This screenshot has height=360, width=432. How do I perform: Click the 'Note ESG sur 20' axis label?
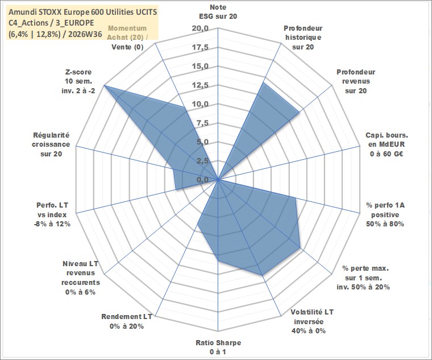[218, 11]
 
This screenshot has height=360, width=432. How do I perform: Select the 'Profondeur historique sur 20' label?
[303, 38]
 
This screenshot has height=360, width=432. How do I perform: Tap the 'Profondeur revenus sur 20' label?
[356, 81]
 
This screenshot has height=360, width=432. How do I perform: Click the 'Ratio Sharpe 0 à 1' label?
[218, 347]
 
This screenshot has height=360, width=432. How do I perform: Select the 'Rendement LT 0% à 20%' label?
[127, 321]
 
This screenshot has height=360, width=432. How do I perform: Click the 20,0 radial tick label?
[201, 28]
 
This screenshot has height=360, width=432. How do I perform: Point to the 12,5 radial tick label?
[201, 85]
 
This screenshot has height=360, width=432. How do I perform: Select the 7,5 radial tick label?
[202, 123]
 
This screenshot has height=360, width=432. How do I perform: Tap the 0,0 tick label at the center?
[202, 180]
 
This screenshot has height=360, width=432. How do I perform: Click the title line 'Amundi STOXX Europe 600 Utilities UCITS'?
[82, 12]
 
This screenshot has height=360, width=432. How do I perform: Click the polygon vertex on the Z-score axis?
[104, 85]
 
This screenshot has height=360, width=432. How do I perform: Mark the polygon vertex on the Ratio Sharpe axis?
[218, 260]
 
